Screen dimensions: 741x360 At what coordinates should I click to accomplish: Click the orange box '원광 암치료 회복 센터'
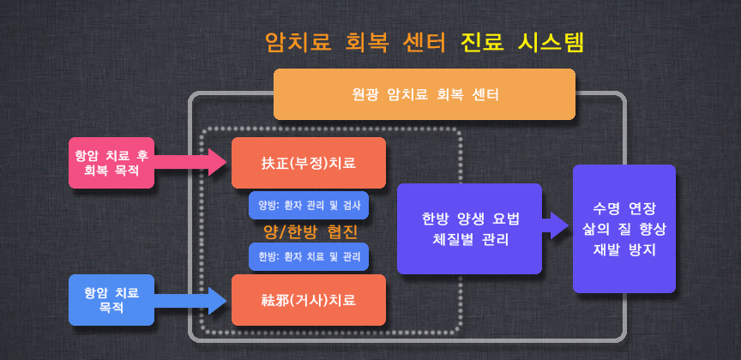[425, 94]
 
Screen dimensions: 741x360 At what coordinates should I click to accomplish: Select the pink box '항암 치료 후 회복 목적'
[111, 163]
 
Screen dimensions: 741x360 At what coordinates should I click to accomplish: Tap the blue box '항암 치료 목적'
[111, 300]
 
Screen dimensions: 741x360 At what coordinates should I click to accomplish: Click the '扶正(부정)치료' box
[309, 163]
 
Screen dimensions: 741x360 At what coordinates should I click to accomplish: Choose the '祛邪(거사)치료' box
[309, 300]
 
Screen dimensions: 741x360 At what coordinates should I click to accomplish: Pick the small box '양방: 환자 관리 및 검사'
[309, 206]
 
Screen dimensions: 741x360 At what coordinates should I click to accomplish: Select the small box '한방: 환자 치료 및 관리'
[309, 256]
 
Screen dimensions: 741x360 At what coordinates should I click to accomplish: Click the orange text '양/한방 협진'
[310, 231]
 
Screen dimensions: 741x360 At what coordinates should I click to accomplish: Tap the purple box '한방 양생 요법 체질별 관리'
[469, 229]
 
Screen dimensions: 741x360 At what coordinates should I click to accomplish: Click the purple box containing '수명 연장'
[624, 229]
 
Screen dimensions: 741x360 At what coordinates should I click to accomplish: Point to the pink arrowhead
[218, 163]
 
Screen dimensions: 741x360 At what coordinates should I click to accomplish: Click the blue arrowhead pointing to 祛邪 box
[218, 300]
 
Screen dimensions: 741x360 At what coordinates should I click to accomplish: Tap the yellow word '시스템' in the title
[551, 44]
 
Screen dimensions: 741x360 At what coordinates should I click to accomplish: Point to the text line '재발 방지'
[624, 249]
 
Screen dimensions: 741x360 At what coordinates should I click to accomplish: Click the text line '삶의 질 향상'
[624, 229]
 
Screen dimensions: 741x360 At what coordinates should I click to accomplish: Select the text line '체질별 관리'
[470, 238]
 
